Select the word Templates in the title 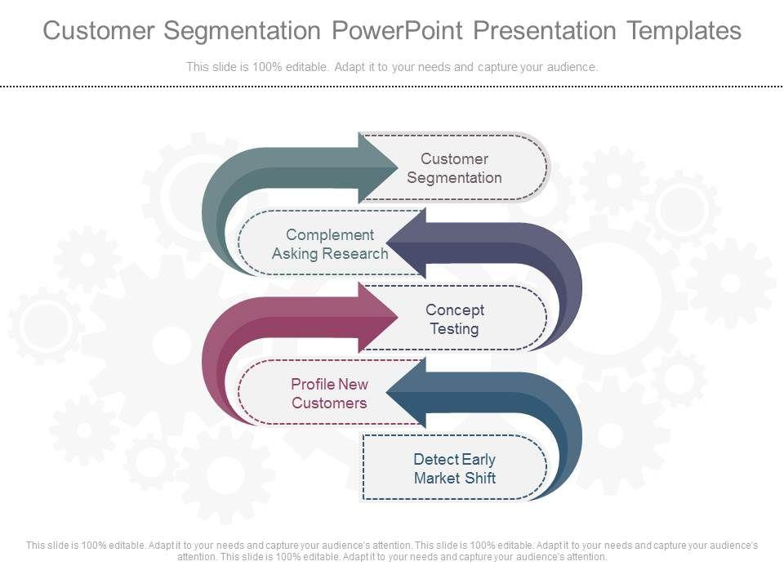(684, 31)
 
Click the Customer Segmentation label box (455, 168)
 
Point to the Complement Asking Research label (330, 244)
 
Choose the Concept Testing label (455, 319)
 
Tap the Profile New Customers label (329, 394)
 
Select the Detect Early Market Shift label (454, 469)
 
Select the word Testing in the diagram (455, 329)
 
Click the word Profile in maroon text (312, 385)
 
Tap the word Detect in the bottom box (433, 460)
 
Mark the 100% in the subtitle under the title (262, 67)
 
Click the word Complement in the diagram (330, 235)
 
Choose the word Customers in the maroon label (329, 403)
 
